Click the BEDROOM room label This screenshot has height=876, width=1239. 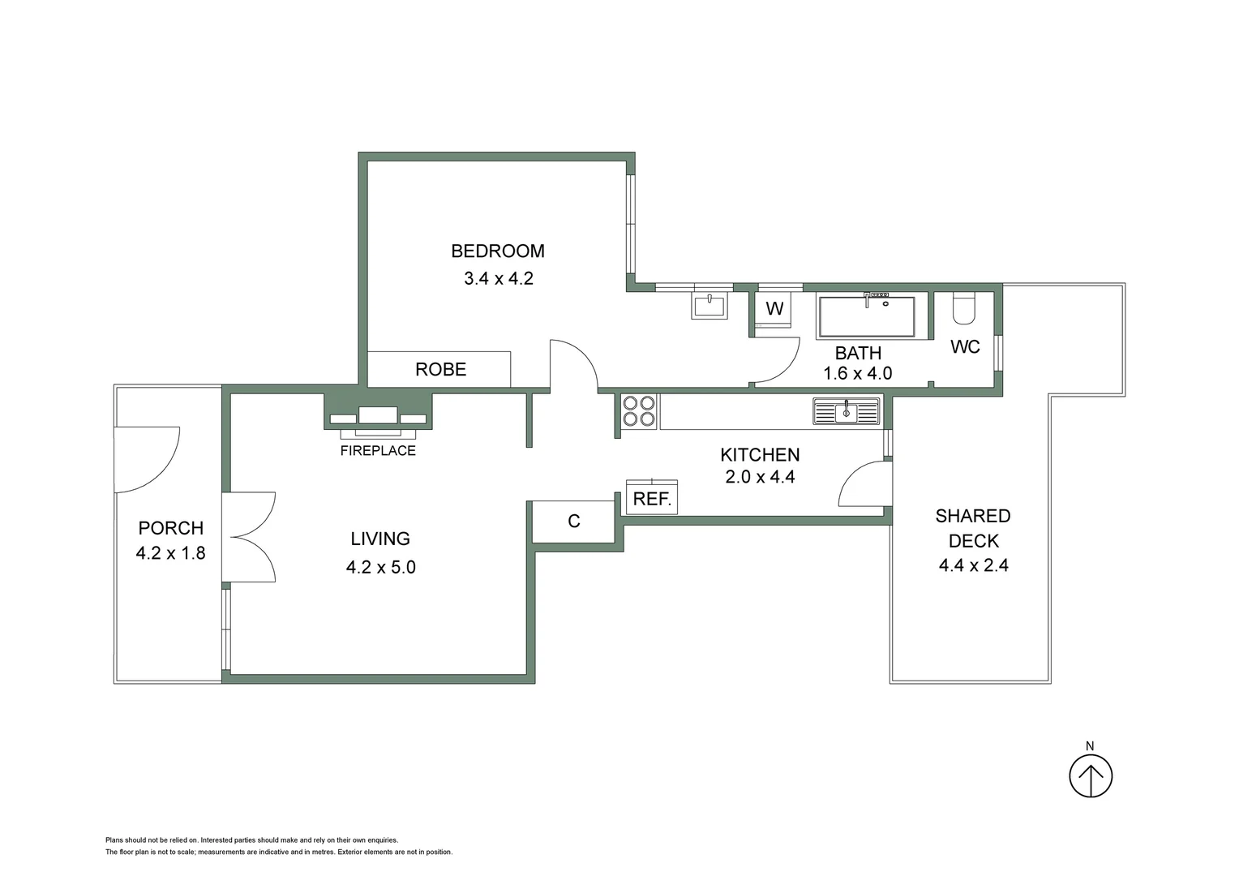click(x=498, y=251)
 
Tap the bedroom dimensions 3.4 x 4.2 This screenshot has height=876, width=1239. click(x=498, y=279)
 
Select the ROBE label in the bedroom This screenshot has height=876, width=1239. click(x=440, y=370)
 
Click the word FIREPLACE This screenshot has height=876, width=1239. click(x=378, y=451)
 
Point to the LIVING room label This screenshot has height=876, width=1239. click(x=380, y=539)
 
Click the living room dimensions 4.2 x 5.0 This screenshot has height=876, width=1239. click(x=380, y=568)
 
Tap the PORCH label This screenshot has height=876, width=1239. click(x=171, y=528)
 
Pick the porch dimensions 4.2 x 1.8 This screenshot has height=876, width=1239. click(x=171, y=554)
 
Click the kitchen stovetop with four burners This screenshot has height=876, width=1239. click(x=639, y=410)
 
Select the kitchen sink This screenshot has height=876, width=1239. click(x=846, y=411)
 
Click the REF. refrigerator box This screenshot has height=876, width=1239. click(x=652, y=499)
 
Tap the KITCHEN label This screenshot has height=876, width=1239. click(x=760, y=455)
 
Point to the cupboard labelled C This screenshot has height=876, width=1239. click(x=574, y=522)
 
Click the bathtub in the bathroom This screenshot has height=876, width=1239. click(x=866, y=317)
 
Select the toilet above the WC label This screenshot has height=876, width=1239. click(x=964, y=309)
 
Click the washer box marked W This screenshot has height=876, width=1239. click(x=774, y=309)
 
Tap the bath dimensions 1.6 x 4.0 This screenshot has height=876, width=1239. click(x=857, y=374)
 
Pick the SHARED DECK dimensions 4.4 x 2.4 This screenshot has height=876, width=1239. click(x=973, y=566)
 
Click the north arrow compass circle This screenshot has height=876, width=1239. click(x=1091, y=777)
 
